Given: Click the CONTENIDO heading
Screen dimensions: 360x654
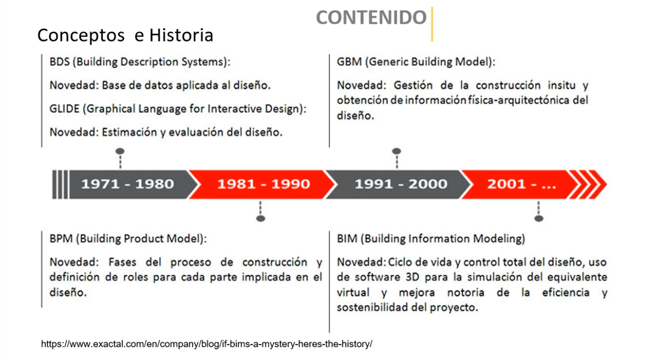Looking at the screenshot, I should coord(371,17).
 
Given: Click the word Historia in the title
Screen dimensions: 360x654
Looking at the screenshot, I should coord(181,35).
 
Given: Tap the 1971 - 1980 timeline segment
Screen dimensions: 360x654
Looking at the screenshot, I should coord(128,184).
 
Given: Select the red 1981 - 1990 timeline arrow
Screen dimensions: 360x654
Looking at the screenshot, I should coord(263,184).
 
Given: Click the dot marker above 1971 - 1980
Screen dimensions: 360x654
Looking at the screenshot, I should coord(120,151).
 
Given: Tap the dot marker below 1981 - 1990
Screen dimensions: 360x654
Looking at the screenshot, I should coord(260,218).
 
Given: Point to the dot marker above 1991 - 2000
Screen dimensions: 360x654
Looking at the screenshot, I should coord(397,151).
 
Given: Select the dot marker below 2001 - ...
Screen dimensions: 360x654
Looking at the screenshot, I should coord(539,218).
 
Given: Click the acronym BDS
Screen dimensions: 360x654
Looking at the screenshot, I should coord(59,62).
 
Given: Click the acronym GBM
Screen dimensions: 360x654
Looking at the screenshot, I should coord(349,62).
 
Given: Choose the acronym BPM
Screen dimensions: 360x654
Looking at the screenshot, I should coord(61,239).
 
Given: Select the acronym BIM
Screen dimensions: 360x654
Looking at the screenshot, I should coord(347,239).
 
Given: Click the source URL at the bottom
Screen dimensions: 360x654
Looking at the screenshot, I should coord(207,344).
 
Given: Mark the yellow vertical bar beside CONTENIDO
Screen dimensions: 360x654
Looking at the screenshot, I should coord(432,24).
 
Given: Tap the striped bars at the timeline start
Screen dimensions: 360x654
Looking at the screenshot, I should coord(60,185).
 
